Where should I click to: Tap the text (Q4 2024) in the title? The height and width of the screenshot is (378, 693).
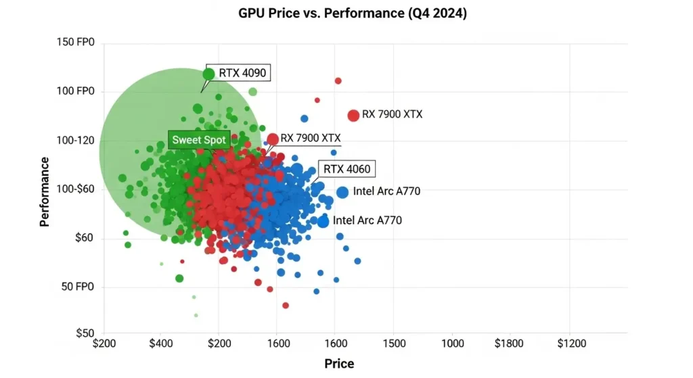[437, 14]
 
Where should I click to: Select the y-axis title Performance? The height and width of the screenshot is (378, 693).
[44, 191]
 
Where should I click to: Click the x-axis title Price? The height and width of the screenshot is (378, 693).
[339, 363]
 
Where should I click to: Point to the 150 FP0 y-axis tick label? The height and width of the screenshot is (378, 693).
[76, 42]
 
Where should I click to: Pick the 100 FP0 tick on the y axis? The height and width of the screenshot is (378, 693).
[76, 91]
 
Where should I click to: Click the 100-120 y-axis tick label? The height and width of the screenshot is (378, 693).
[76, 141]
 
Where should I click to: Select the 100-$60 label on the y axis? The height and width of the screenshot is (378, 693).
[76, 189]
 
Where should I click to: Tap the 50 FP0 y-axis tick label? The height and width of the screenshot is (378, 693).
[78, 287]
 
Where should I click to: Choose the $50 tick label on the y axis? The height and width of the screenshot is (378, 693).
[85, 333]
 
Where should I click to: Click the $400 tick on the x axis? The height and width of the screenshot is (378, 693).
[161, 344]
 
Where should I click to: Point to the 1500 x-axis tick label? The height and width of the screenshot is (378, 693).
[394, 344]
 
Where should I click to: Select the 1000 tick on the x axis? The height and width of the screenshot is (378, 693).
[453, 344]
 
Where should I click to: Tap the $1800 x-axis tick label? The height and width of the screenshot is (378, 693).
[509, 344]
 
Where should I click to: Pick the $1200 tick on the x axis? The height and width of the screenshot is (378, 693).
[571, 344]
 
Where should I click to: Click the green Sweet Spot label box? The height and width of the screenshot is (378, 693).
[199, 140]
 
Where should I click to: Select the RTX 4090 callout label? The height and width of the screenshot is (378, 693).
[242, 73]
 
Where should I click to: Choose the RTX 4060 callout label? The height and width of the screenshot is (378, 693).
[347, 168]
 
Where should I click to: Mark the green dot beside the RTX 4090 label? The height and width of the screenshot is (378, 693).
[208, 74]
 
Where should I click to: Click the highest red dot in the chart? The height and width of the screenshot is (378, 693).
[338, 81]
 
